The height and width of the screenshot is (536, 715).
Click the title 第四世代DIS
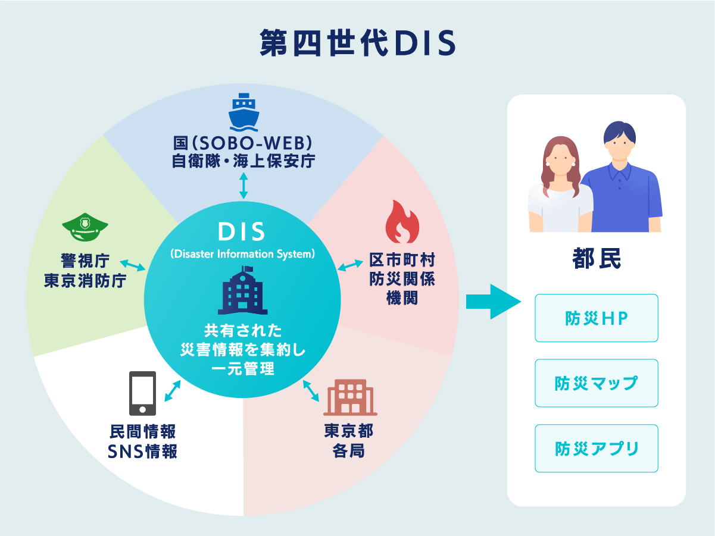[357, 43]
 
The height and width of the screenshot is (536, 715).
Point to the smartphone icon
[143, 393]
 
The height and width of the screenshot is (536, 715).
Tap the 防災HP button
[597, 318]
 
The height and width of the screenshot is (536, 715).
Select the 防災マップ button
[597, 383]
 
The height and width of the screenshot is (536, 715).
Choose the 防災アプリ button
[597, 448]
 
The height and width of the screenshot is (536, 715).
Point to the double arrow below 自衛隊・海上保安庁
[243, 186]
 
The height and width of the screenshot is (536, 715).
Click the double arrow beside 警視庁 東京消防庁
[133, 265]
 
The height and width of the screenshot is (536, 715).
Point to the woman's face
[558, 159]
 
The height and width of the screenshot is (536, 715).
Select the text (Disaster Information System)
[242, 254]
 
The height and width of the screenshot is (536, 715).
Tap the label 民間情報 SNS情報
[143, 441]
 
